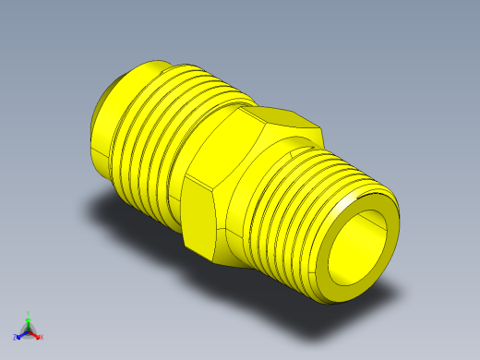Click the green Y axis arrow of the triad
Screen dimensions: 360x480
tap(29, 320)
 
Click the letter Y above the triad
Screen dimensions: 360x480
tap(29, 313)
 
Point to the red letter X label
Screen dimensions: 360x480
tap(42, 338)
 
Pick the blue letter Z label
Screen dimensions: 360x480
tap(17, 338)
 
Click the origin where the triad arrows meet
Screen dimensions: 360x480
tap(29, 330)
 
